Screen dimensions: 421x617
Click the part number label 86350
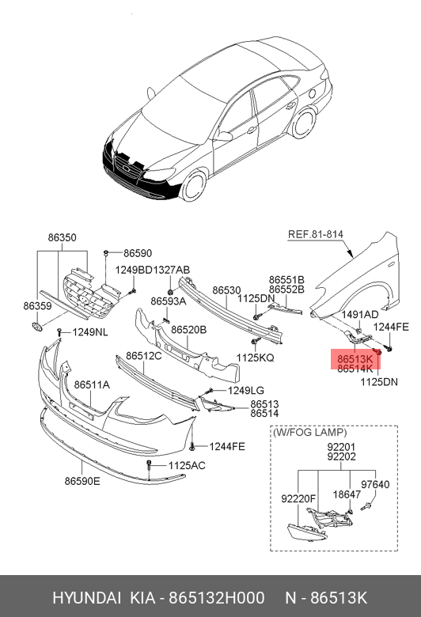[63, 237]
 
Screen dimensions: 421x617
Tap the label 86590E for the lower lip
[82, 481]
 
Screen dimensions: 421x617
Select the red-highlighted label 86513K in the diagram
[355, 359]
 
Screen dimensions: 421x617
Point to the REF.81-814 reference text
[316, 234]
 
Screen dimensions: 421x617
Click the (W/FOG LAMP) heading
[310, 433]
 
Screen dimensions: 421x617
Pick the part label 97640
[375, 484]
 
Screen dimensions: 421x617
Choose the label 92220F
[298, 498]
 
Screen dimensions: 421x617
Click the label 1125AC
[187, 465]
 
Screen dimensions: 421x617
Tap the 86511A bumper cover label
[92, 384]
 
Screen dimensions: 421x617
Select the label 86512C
[144, 356]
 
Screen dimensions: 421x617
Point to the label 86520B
[188, 330]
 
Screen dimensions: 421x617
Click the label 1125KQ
[255, 358]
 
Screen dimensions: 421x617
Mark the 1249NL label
[90, 332]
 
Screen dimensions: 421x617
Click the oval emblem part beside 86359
[36, 326]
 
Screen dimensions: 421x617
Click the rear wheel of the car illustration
[304, 123]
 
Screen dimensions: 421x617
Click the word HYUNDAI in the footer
[86, 598]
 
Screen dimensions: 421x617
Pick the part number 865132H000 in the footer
[217, 598]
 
